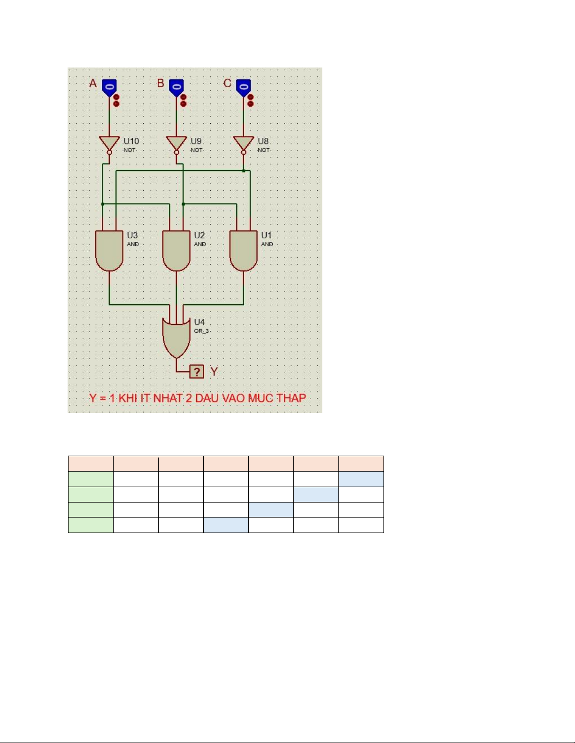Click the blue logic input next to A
pyautogui.click(x=109, y=88)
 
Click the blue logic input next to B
pyautogui.click(x=176, y=88)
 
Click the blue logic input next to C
pyautogui.click(x=243, y=88)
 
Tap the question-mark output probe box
pyautogui.click(x=197, y=372)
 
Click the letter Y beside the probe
pyautogui.click(x=214, y=372)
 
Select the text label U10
pyautogui.click(x=131, y=141)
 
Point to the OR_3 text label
pyautogui.click(x=201, y=331)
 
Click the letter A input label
pyautogui.click(x=93, y=83)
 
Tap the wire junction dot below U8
pyautogui.click(x=243, y=171)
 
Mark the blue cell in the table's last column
pyautogui.click(x=361, y=479)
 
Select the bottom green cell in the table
pyautogui.click(x=91, y=525)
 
